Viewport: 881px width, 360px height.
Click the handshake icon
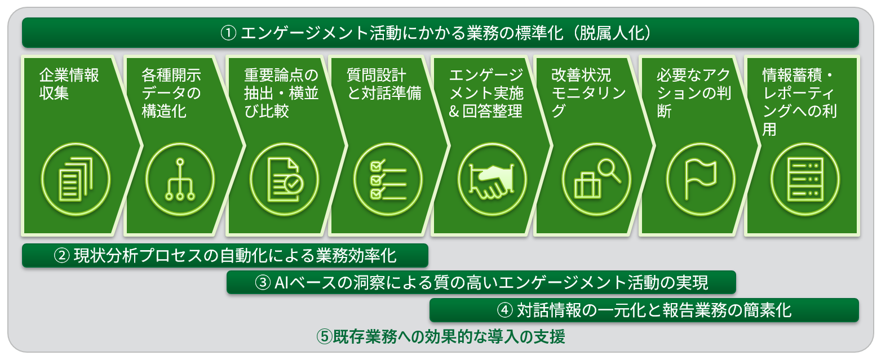[492, 180]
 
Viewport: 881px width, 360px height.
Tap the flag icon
[701, 179]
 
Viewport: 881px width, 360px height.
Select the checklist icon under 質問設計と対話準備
[388, 180]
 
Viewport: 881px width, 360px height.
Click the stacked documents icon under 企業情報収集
[76, 179]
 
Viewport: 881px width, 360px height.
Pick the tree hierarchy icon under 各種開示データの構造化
[180, 180]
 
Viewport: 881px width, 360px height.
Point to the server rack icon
[805, 179]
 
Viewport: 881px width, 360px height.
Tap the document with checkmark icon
[285, 180]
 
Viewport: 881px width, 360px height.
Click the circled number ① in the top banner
[228, 33]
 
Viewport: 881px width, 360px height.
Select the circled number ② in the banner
[61, 256]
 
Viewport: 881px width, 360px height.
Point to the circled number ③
[262, 283]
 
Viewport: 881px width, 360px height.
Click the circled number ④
[504, 310]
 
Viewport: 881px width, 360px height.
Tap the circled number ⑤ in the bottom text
[325, 336]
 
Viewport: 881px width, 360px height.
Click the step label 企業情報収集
[69, 84]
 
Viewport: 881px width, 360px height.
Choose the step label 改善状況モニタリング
[588, 93]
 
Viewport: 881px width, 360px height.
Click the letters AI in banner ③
[282, 283]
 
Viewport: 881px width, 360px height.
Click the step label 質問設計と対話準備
[384, 84]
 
